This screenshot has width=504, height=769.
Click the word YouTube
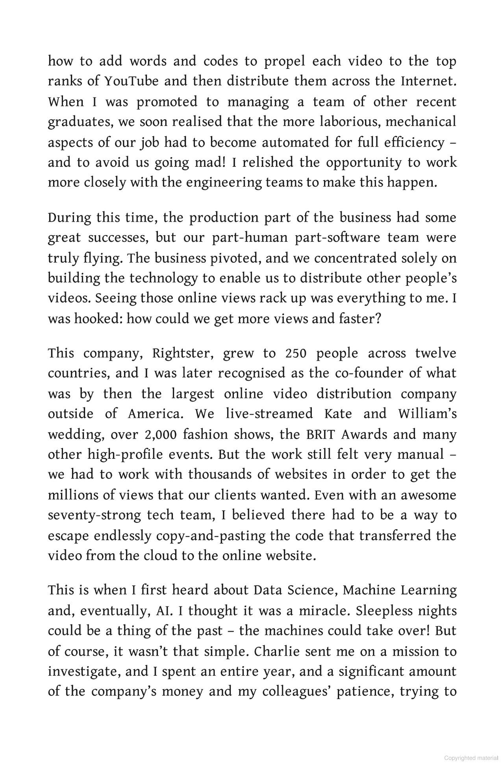[x=131, y=82]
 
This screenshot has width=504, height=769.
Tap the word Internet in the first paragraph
[x=429, y=82]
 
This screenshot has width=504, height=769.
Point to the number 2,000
[x=160, y=435]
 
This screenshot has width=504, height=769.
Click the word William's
[x=427, y=414]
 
